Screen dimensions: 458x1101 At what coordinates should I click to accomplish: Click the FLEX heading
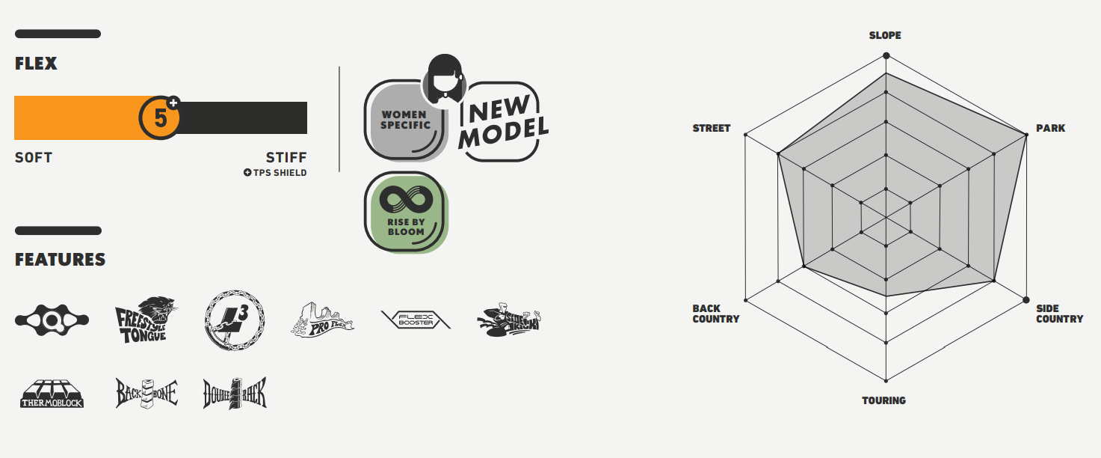click(36, 64)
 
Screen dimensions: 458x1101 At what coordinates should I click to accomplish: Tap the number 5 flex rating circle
click(160, 118)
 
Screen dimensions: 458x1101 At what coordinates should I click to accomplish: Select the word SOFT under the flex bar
click(34, 158)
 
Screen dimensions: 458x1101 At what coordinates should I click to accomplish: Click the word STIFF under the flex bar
click(286, 158)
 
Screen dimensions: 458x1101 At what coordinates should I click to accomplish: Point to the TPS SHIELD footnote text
click(275, 173)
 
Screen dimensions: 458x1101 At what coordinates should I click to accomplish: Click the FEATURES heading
click(60, 260)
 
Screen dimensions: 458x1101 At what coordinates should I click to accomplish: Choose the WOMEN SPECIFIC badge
click(405, 120)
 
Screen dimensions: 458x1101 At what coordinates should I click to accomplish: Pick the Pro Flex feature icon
click(321, 320)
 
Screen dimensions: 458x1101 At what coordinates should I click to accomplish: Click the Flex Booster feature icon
click(415, 320)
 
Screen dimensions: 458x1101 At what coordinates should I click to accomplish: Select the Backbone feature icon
click(146, 393)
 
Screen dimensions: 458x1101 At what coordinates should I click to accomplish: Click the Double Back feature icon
click(234, 393)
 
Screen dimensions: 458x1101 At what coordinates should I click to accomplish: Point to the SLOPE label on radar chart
click(885, 35)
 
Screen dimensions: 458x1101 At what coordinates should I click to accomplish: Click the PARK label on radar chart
click(1050, 128)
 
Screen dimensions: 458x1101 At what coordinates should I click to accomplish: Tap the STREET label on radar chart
click(711, 128)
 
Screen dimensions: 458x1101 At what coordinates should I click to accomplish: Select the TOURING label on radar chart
click(883, 400)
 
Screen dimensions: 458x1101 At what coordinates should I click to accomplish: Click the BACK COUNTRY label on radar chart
click(715, 314)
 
